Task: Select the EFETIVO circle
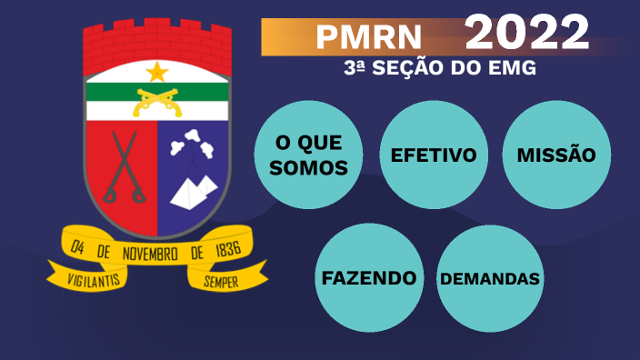(x=434, y=155)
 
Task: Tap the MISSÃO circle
(x=556, y=155)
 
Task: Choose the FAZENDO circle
(x=368, y=277)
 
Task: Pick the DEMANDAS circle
(x=490, y=277)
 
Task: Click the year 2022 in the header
(x=527, y=34)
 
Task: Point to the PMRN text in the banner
(x=369, y=37)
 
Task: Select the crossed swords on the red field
(x=122, y=168)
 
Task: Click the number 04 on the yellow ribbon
(x=77, y=245)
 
